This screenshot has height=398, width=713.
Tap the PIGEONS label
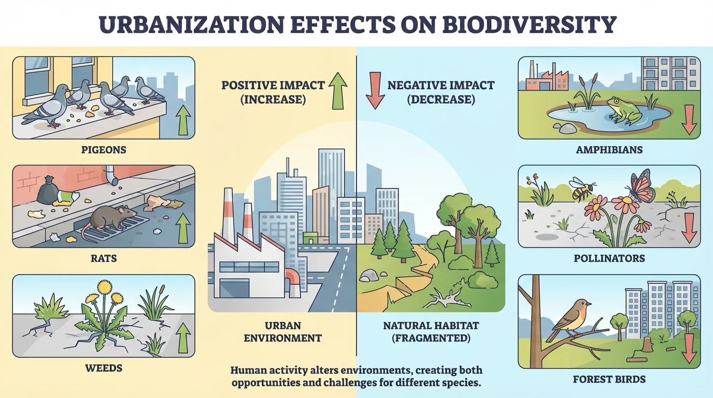(x=104, y=150)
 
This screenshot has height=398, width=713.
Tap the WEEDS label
(x=104, y=368)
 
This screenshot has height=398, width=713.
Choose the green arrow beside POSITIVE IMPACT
(x=337, y=91)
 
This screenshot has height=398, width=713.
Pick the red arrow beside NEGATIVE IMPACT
(x=375, y=92)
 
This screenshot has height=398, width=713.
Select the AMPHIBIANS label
(x=609, y=150)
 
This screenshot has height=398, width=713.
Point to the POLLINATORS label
(x=609, y=258)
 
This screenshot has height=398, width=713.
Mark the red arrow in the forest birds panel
(x=689, y=348)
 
